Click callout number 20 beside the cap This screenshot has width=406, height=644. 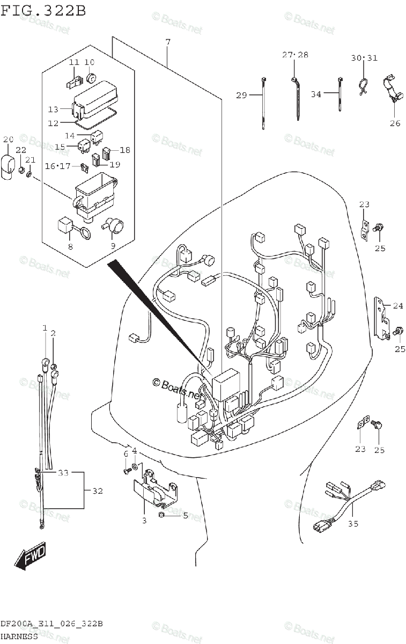[8, 140]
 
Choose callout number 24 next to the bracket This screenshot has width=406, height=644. [397, 306]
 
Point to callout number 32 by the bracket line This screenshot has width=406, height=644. [97, 491]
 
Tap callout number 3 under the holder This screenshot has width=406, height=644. [144, 521]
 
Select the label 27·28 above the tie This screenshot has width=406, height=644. [296, 55]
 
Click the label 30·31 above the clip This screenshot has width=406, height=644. [364, 58]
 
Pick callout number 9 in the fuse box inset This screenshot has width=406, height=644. [113, 246]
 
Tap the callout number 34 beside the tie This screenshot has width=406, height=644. [316, 94]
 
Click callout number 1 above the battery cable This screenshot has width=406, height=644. [45, 327]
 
